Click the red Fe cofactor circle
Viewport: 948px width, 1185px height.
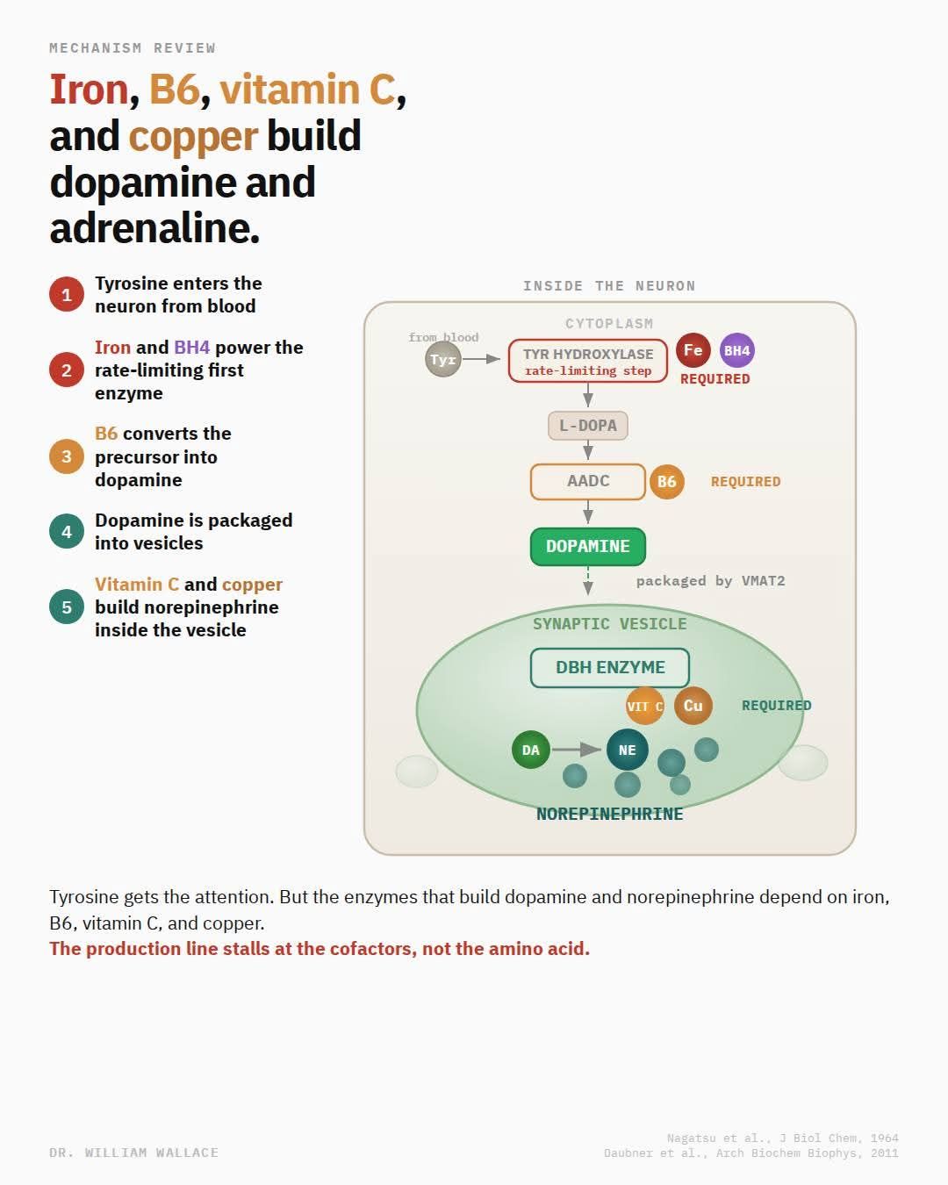693,350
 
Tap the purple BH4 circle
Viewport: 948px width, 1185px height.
737,350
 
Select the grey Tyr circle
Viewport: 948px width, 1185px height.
443,359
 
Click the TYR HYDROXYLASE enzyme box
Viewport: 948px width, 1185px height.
588,362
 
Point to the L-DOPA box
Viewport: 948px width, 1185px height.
588,426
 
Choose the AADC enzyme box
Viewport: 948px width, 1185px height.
588,482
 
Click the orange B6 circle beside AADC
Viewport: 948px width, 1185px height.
666,482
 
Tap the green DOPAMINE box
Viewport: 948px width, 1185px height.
588,547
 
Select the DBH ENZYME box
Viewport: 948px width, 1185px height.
610,668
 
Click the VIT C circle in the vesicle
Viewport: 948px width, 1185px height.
644,706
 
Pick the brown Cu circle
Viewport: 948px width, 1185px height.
693,706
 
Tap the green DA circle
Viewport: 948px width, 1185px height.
530,750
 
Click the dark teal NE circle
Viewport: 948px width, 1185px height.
628,750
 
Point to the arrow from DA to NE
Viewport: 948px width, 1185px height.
576,750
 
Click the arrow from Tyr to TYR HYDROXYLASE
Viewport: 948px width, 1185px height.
481,359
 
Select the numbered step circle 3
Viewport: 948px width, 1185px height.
67,456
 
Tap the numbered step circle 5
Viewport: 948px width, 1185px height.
67,607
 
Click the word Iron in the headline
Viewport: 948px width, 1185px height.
90,90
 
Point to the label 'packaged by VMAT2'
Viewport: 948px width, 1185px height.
711,581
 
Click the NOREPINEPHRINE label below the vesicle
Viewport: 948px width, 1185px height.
610,815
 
